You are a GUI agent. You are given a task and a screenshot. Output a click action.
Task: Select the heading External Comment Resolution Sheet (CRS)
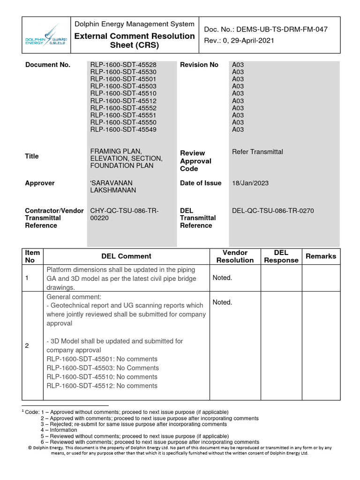135,41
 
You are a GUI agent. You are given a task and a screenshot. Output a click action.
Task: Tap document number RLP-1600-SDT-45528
123,65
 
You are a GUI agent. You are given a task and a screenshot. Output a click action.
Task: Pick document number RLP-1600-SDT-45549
123,129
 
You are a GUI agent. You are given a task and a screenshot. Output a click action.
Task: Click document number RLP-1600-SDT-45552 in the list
123,108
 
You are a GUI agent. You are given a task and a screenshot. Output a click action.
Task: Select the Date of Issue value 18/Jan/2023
250,183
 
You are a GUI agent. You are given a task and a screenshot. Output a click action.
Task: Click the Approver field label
40,183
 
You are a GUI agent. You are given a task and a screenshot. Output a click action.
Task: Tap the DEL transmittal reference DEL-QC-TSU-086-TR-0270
273,211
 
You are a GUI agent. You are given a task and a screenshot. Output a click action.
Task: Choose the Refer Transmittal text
257,151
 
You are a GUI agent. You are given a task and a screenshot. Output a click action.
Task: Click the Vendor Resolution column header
235,256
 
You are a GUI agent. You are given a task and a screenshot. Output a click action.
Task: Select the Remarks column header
321,256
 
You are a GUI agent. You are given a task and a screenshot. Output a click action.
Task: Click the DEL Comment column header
126,256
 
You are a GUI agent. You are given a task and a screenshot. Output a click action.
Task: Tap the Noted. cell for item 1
222,278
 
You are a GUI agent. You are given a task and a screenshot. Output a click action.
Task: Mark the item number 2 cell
27,345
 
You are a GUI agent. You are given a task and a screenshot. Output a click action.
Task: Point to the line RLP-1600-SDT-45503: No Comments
102,368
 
